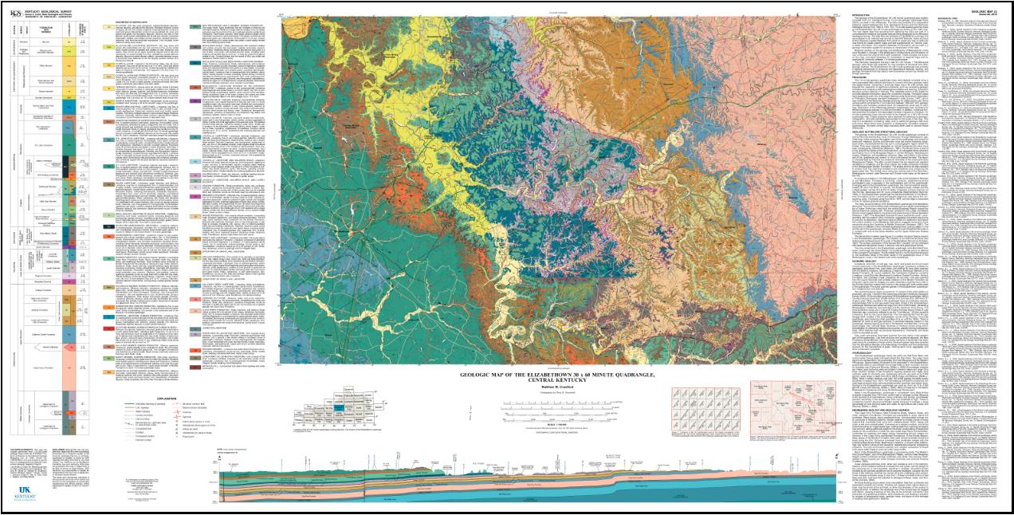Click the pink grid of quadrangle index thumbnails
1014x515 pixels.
click(693, 412)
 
